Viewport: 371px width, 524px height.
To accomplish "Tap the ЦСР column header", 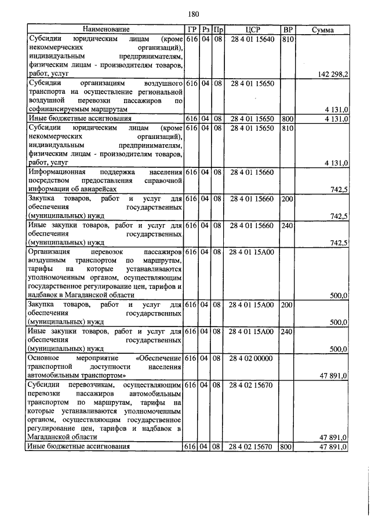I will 251,29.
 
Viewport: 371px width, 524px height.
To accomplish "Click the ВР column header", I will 287,29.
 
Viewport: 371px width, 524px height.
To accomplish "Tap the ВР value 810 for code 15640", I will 287,38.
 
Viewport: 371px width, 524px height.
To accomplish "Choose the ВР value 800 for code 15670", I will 285,447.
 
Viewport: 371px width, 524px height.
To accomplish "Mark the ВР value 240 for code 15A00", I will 287,331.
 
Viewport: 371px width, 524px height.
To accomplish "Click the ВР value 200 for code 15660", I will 287,199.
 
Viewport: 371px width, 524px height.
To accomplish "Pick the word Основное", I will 44,358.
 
